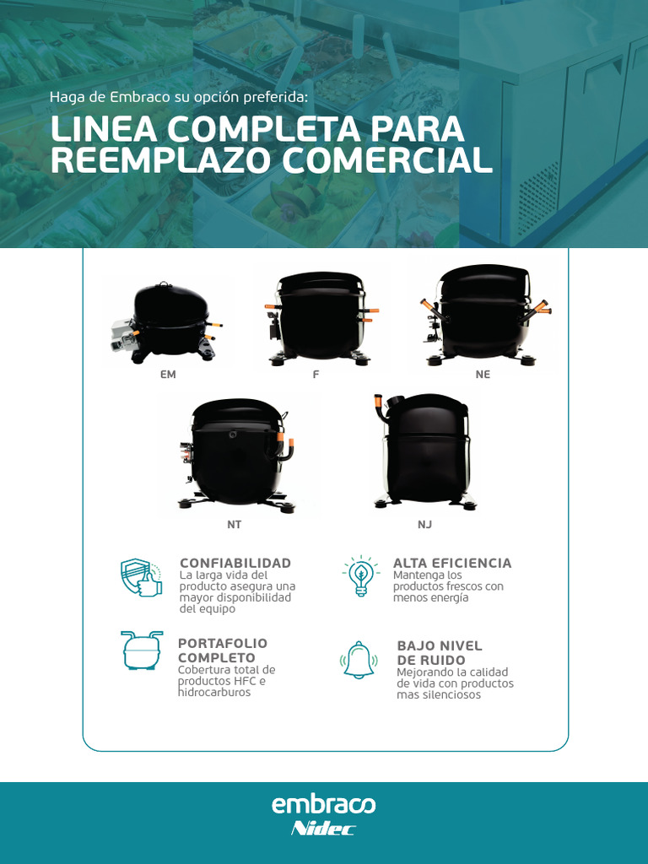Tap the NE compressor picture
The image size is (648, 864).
tap(483, 316)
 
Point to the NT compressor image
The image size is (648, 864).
tap(236, 455)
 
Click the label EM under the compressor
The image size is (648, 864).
tap(168, 375)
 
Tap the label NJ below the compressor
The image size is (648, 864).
tap(424, 525)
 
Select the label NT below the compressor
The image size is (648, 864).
tap(234, 525)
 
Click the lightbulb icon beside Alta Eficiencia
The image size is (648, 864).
tap(361, 576)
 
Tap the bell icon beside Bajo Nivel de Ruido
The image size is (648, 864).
tap(359, 660)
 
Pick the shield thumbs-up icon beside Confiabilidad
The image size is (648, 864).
tap(141, 578)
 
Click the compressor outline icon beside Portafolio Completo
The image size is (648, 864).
tap(141, 650)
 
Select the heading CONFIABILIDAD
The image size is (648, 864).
tap(235, 563)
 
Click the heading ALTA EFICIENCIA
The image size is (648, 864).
tap(452, 563)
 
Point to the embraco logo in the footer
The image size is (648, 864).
tap(324, 805)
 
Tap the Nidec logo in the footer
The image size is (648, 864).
tap(323, 829)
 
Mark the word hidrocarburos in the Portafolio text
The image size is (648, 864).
tap(214, 693)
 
